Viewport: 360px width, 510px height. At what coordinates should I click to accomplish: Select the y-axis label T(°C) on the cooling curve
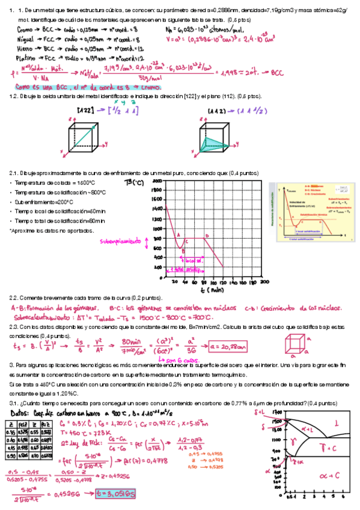pos(134,183)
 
